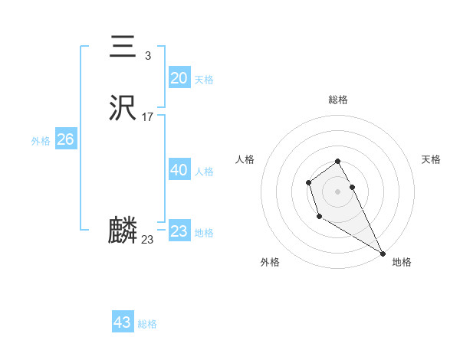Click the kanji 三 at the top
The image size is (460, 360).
[123, 47]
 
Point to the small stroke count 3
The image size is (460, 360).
[147, 56]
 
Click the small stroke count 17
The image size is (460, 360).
[148, 117]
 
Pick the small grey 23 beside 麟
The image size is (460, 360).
[147, 240]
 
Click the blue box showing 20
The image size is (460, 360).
[179, 78]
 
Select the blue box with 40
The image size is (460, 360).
[179, 170]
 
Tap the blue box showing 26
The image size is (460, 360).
[65, 139]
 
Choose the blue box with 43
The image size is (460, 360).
[122, 322]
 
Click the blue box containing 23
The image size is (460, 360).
[179, 231]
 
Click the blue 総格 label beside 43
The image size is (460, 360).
[147, 324]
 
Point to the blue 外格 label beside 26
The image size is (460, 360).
[41, 141]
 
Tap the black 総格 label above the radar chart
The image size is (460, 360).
[338, 100]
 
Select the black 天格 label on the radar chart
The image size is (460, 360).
[431, 159]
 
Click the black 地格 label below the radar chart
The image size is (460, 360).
[402, 262]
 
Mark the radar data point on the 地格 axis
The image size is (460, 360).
[383, 254]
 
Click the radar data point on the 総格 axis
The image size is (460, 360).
[338, 161]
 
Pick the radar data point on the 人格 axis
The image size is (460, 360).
[308, 182]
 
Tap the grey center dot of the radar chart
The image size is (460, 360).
[338, 191]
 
